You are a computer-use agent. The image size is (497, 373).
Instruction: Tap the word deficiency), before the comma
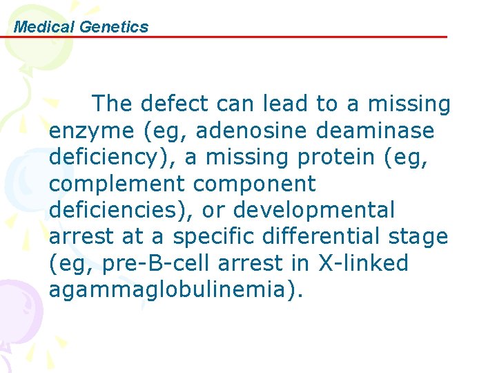(111, 157)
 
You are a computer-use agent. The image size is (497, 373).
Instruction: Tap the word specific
(214, 237)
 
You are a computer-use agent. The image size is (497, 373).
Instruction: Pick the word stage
(418, 237)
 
